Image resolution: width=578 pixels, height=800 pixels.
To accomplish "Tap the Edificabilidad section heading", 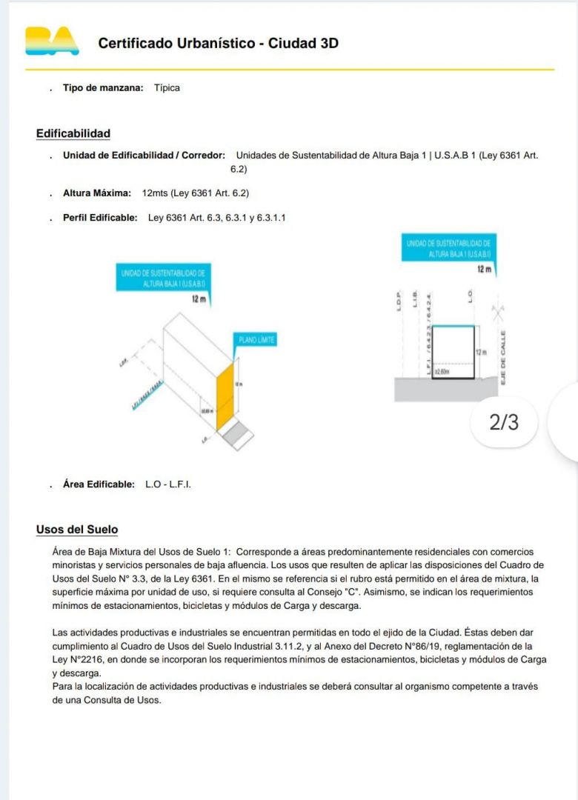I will click(x=73, y=133).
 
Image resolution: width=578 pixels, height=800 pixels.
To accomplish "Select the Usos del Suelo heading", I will click(x=76, y=530).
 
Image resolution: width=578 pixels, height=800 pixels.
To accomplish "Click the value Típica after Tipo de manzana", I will click(x=167, y=87).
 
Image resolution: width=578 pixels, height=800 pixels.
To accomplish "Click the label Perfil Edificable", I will click(x=100, y=217).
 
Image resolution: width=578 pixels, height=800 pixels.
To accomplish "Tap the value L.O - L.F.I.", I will click(x=168, y=484).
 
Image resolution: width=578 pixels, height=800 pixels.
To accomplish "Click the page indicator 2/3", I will click(x=504, y=422).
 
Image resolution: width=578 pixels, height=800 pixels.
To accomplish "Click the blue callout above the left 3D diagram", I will click(x=165, y=279).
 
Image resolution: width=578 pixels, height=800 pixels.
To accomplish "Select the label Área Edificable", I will click(x=99, y=484).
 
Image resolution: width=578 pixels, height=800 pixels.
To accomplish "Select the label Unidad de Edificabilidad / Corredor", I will click(x=144, y=155).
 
